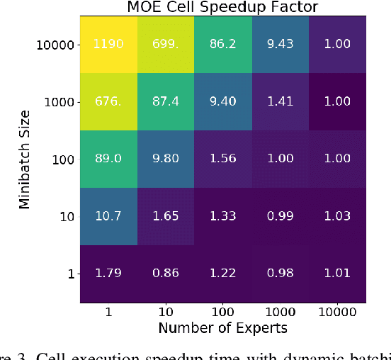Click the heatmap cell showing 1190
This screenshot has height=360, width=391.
coord(108,45)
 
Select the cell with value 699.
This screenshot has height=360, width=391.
coord(166,45)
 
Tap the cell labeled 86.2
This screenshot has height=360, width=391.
coord(223,45)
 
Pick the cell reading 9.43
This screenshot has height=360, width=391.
coord(280,45)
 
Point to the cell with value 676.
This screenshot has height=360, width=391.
coord(108,102)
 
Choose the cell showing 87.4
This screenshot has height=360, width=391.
coord(166,102)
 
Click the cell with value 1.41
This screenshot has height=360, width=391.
coord(280,102)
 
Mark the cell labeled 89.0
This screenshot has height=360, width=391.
coord(108,159)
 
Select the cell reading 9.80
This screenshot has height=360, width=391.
coord(166,159)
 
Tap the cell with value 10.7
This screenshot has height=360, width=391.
coord(108,216)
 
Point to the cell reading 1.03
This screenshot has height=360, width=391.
coord(337,216)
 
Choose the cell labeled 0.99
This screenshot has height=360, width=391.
coord(280,216)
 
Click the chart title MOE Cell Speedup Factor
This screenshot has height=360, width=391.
coord(222,8)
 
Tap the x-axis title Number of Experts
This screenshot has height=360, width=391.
coord(222,327)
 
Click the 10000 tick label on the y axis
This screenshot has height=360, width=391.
coord(55,45)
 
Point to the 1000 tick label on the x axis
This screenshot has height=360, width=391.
coord(280,311)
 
